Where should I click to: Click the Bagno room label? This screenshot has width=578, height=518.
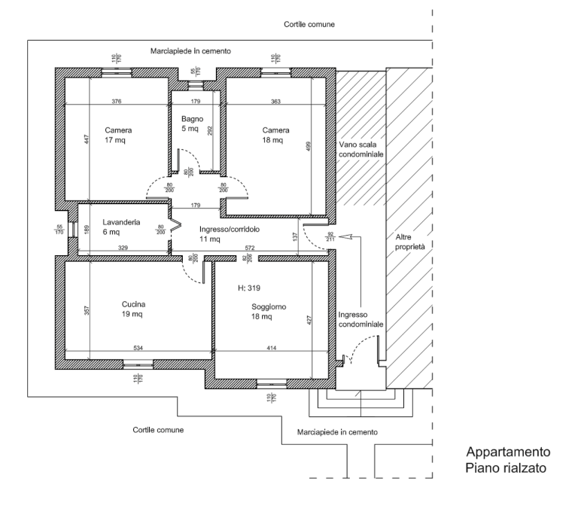pos(192,124)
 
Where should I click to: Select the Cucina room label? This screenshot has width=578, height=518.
pos(133,309)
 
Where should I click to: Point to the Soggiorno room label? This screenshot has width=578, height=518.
pos(269,312)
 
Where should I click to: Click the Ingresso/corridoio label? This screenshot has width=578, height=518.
pos(230,234)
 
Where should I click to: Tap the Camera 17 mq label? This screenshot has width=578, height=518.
pos(118,135)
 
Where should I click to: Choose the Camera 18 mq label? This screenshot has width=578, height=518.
pos(275,135)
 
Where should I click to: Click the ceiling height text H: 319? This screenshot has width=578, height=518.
pos(249,288)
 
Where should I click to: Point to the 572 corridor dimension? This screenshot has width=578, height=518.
pos(250,248)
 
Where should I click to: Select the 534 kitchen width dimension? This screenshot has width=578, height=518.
pos(138,348)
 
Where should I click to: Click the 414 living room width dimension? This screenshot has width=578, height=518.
pos(271,348)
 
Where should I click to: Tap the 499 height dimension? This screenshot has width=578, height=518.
pos(309,146)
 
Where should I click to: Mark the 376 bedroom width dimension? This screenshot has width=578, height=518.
pos(117,101)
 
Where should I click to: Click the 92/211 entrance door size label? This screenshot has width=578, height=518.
pos(330,236)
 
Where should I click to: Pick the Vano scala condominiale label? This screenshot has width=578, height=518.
pos(361,149)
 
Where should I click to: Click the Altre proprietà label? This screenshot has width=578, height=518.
pos(410,242)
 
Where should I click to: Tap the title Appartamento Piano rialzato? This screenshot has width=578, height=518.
pos(508,460)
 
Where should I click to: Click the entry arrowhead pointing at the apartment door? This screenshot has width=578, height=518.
pos(345,236)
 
